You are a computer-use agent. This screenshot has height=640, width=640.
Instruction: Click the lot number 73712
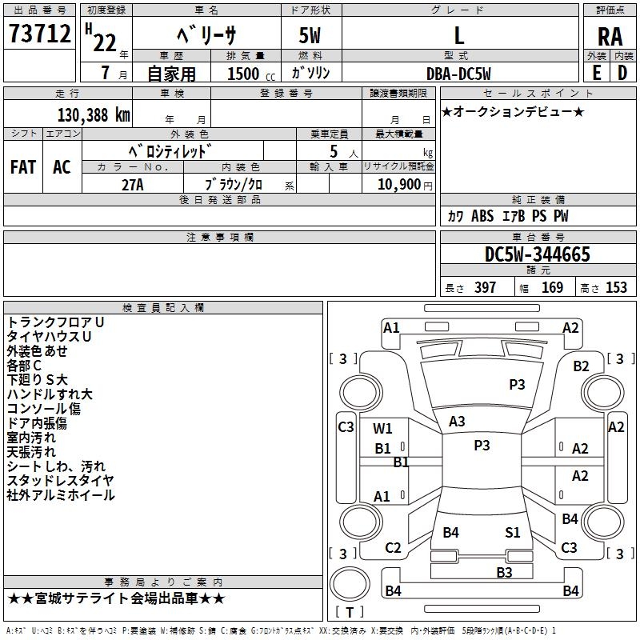click(40, 35)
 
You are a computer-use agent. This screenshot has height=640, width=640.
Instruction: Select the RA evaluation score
click(610, 36)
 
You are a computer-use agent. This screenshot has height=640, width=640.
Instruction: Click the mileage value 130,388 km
click(94, 114)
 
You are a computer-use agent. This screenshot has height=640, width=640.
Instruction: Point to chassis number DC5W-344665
click(537, 254)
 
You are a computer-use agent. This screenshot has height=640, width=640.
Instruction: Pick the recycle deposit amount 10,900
click(398, 185)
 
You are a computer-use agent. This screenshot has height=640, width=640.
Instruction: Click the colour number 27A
click(132, 185)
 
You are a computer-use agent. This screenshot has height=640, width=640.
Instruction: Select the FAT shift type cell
click(23, 167)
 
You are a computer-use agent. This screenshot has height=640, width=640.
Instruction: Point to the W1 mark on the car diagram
click(383, 428)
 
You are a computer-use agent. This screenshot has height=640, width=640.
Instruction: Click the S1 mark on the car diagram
click(513, 532)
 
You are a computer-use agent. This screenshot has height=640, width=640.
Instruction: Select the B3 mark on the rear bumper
click(504, 572)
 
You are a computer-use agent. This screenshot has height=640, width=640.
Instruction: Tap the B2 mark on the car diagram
click(581, 366)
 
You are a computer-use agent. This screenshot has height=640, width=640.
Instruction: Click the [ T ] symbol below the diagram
click(350, 613)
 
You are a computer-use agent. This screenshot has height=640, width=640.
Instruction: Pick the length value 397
click(485, 288)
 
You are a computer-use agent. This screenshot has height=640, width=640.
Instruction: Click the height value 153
click(616, 288)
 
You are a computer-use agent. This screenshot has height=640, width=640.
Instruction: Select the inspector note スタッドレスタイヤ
click(60, 481)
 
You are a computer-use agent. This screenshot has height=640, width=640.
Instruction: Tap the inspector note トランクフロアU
click(55, 322)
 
